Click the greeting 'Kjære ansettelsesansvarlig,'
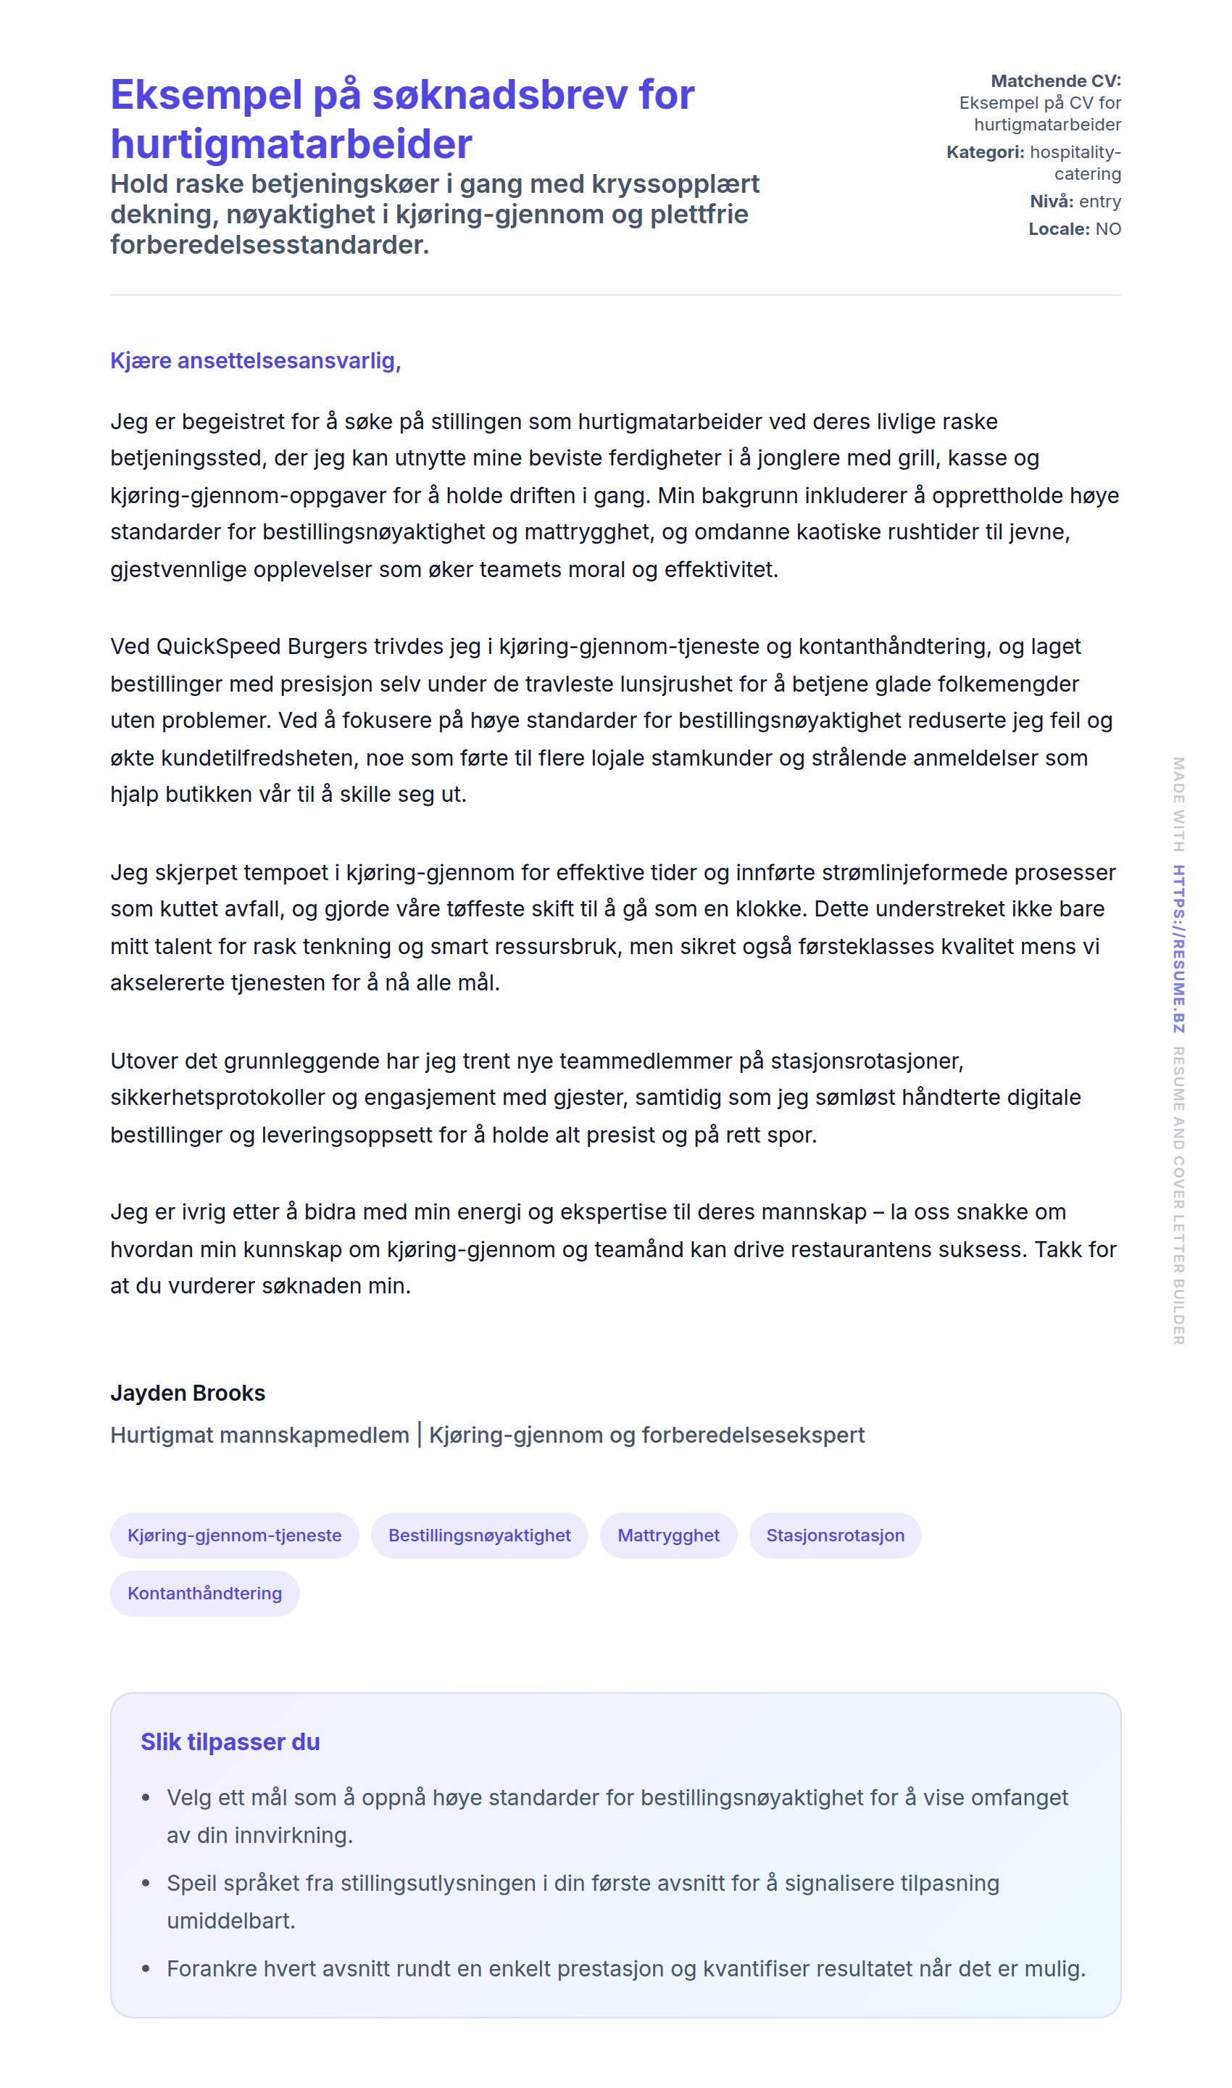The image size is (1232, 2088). coord(255,360)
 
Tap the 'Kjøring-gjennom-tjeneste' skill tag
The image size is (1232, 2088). coord(234,1535)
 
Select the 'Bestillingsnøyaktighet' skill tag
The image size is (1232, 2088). coord(479,1535)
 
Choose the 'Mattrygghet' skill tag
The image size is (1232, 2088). coord(667,1535)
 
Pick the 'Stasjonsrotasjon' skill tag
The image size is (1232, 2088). coord(834,1535)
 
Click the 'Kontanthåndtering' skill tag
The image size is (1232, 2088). coord(204,1593)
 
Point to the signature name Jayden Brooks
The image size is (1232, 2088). coord(188,1393)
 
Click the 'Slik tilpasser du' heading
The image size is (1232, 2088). coord(230,1741)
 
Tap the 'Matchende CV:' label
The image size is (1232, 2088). coord(1055,80)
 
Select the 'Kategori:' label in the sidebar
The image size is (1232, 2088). coord(985,152)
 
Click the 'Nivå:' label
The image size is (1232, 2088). coord(1051,201)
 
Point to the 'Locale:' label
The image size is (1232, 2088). coord(1059,228)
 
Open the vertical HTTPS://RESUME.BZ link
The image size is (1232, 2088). coord(1178,948)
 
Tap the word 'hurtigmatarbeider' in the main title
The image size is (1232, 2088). coord(291,144)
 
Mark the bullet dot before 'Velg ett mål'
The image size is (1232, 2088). coord(146,1798)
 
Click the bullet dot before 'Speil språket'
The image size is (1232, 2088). coord(146,1884)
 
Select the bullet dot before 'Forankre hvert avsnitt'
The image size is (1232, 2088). coord(146,1969)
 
